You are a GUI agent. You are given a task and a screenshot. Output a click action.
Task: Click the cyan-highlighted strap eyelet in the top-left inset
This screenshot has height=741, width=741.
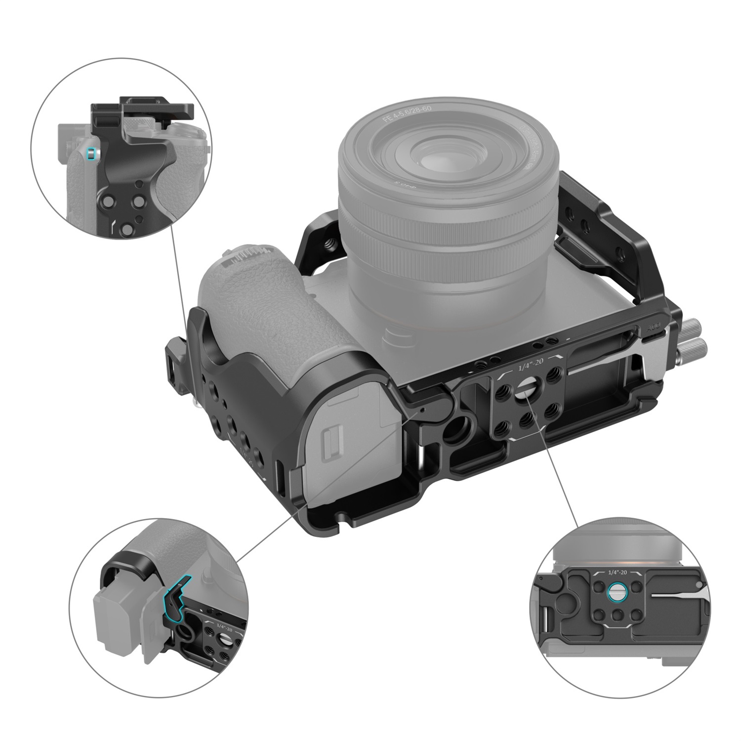coord(89,154)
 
